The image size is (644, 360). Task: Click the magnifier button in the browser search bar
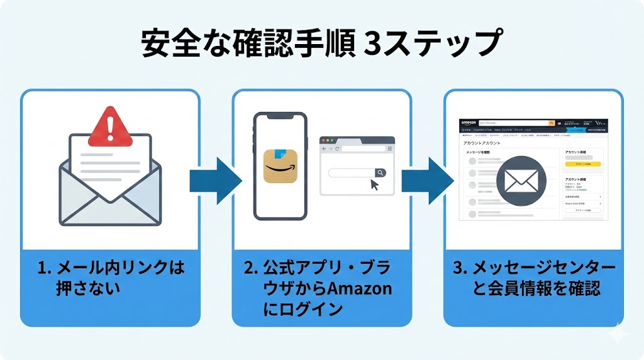click(x=380, y=172)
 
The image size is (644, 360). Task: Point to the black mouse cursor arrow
click(x=375, y=185)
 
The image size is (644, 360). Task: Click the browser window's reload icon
click(x=338, y=149)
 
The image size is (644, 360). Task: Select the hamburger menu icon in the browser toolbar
click(x=390, y=149)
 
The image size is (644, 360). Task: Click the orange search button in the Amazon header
click(x=552, y=123)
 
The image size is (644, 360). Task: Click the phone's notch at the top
click(x=280, y=119)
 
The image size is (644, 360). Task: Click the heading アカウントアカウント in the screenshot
click(x=482, y=143)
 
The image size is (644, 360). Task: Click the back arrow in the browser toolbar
click(x=324, y=149)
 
